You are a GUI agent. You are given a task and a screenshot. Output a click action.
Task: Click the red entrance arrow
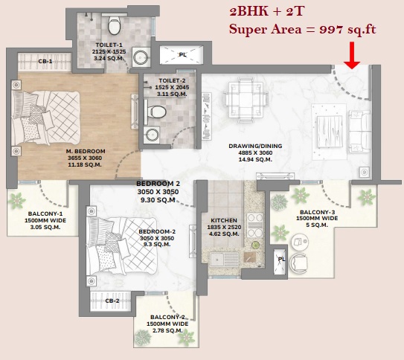pos(352,56)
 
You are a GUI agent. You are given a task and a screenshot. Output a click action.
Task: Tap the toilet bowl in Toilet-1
pos(114,25)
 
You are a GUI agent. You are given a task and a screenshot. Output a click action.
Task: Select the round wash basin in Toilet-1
pos(141,57)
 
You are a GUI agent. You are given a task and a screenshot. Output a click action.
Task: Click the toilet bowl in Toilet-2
pos(155,112)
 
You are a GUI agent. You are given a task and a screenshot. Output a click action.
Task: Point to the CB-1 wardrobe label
pos(45,62)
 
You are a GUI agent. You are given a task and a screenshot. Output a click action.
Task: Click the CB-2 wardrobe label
pos(112,300)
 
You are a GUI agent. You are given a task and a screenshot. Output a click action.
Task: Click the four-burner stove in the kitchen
pos(254,225)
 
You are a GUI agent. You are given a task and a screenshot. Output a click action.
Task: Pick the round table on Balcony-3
pos(300,242)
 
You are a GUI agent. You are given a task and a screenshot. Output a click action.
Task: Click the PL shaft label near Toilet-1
pos(183,54)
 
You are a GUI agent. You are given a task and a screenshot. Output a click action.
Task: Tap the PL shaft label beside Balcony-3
pos(281,259)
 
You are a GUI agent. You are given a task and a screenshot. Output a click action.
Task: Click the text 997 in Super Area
pos(331,29)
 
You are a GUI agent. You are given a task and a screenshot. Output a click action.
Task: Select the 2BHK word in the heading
pos(249,12)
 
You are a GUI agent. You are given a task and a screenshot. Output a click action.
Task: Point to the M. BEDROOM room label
pos(86,151)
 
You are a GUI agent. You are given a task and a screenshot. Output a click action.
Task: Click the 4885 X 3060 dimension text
pos(255,152)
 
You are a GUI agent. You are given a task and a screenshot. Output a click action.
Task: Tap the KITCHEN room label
pos(224,220)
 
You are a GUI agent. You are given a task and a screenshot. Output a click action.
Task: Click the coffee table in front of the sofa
pos(329,132)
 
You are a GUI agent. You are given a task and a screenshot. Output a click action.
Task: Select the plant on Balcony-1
pos(17,200)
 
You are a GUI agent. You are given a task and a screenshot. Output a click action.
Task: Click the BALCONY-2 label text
pos(167,317)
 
